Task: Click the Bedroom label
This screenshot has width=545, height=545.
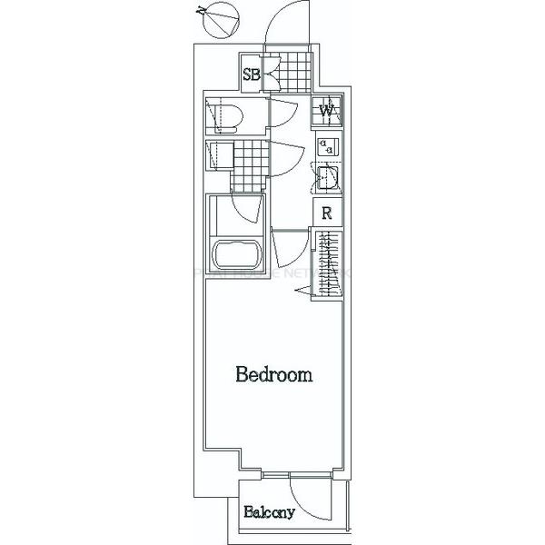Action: (274, 374)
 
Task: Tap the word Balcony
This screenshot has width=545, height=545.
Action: (269, 512)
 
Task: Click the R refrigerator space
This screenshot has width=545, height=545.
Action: (327, 215)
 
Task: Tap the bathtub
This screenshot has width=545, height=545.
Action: (236, 256)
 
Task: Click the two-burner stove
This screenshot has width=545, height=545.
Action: (327, 146)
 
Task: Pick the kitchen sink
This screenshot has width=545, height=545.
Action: (326, 176)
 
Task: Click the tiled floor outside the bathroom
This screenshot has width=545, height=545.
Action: (249, 165)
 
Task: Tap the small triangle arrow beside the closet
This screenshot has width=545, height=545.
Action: (304, 289)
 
